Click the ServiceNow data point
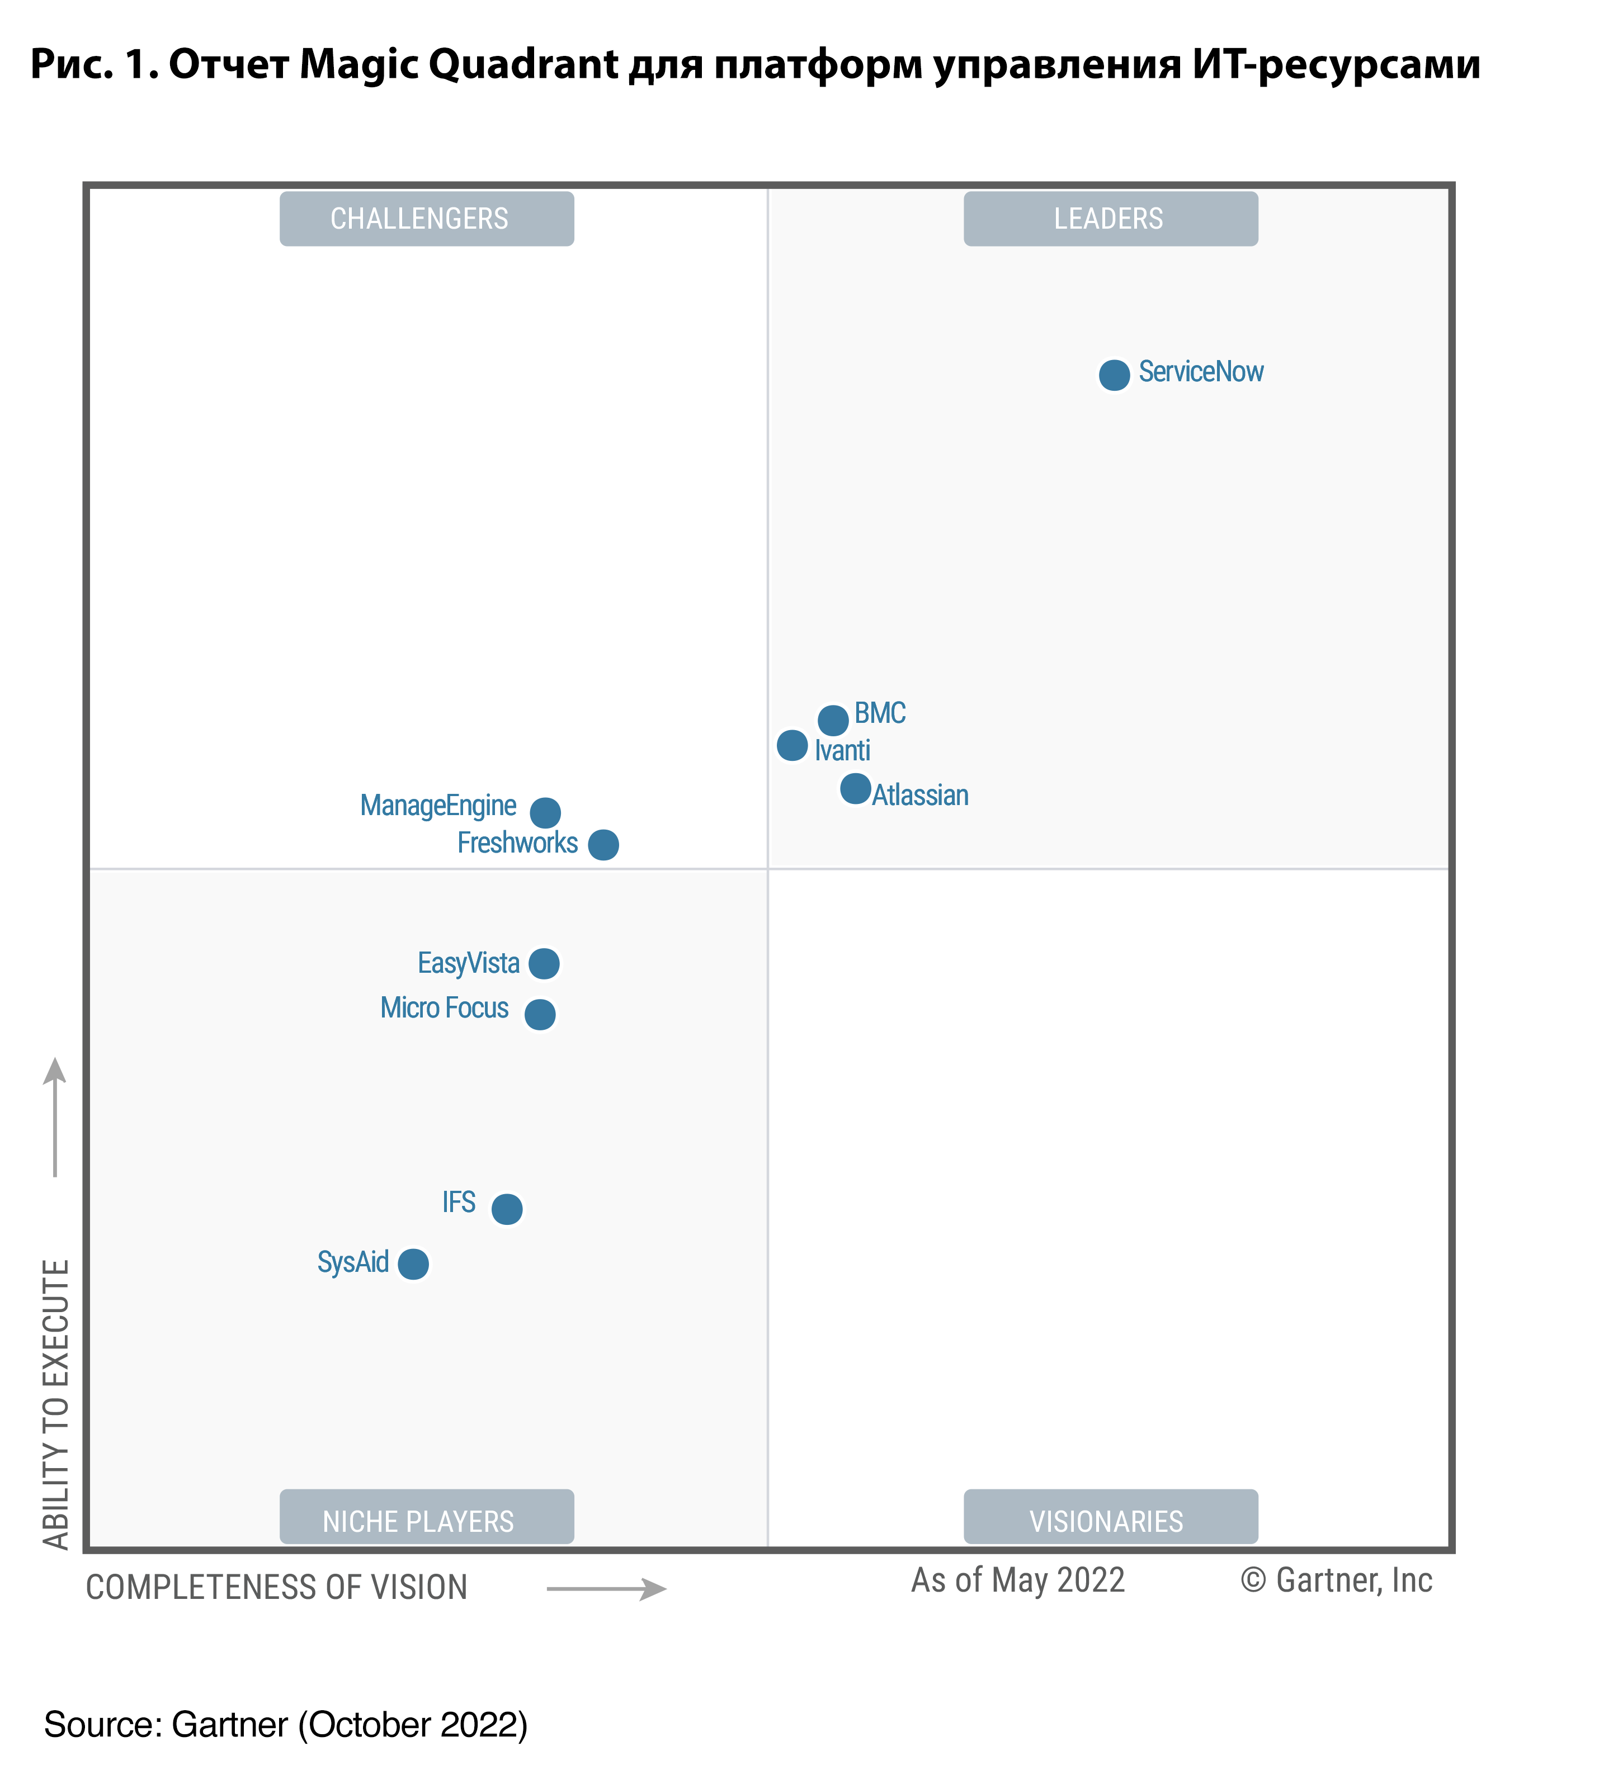tap(1114, 375)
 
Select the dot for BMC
tap(833, 720)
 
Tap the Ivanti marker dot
tap(792, 745)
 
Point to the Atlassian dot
tap(856, 788)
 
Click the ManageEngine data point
tap(545, 812)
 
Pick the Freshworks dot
tap(603, 845)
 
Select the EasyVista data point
tap(544, 963)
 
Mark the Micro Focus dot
tap(540, 1014)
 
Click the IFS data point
tap(507, 1209)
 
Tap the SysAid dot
tap(413, 1263)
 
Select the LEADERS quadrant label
tap(1110, 218)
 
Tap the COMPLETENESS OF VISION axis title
tap(276, 1588)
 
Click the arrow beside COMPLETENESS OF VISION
tap(606, 1588)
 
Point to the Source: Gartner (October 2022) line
tap(286, 1724)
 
